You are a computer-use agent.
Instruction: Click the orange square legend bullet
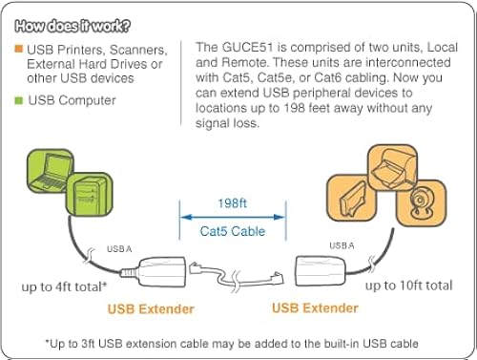19,49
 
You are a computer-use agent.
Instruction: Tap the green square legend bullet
19,100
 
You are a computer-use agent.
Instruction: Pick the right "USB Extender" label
315,308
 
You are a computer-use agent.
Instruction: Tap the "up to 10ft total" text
408,285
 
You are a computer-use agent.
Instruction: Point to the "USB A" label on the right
342,245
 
